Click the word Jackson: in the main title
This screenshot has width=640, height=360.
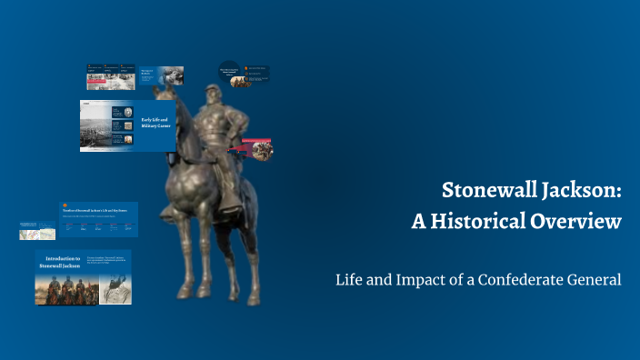(583, 191)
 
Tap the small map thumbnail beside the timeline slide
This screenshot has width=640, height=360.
(37, 230)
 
